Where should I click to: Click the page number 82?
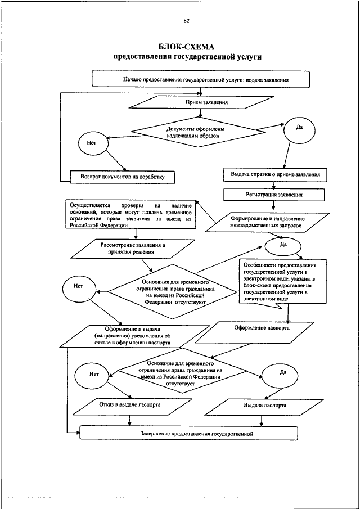[x=186, y=21]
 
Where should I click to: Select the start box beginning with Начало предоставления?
[x=201, y=79]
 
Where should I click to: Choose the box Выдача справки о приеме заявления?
[x=275, y=175]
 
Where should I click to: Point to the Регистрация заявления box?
[x=274, y=195]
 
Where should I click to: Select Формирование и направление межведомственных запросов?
[x=275, y=221]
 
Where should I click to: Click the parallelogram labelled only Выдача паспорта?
[x=264, y=405]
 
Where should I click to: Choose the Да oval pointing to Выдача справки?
[x=299, y=128]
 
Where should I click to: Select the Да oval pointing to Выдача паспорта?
[x=282, y=372]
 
